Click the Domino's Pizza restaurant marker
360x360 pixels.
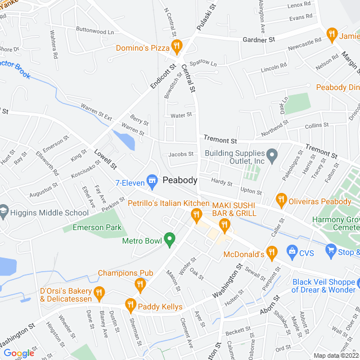coord(177,46)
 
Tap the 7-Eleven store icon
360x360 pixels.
coord(151,179)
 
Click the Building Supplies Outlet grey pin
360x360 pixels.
coord(272,154)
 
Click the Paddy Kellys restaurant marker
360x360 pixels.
coord(131,304)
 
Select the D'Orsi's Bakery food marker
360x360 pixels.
coord(100,291)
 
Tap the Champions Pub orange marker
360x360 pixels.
coord(139,285)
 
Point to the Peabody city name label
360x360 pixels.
coord(180,180)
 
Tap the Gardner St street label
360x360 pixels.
coord(258,40)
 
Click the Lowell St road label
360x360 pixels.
coord(105,159)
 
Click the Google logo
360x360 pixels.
coord(19,353)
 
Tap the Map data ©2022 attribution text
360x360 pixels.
coord(335,355)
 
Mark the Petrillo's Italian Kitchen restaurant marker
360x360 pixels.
coord(196,214)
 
